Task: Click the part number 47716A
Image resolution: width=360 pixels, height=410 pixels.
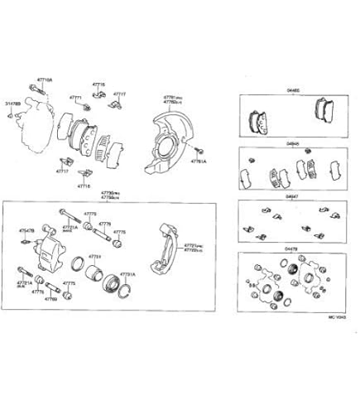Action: click(x=44, y=80)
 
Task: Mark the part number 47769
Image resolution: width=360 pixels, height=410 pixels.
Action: click(x=51, y=299)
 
